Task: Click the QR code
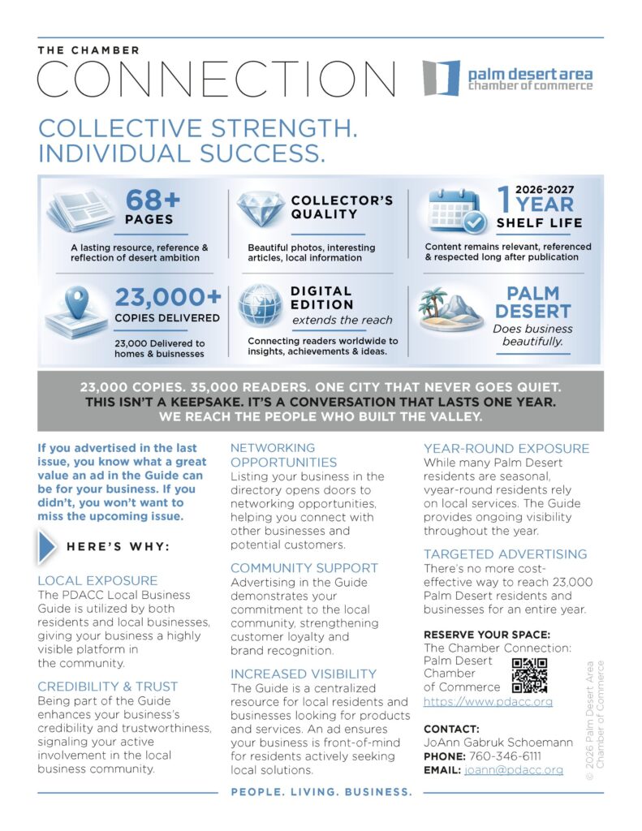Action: [x=530, y=674]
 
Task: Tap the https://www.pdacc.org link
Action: [x=488, y=702]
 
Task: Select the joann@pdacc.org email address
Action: [x=514, y=770]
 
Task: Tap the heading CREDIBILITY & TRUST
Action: [x=107, y=687]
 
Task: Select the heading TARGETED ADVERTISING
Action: [x=505, y=554]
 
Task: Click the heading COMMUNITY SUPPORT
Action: [x=304, y=568]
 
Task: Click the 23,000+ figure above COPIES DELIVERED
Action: [x=166, y=297]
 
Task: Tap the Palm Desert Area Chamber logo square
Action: [x=441, y=78]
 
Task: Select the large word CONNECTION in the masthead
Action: [x=217, y=80]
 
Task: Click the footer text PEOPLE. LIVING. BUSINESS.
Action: [x=322, y=792]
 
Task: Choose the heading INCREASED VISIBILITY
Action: [x=304, y=674]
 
